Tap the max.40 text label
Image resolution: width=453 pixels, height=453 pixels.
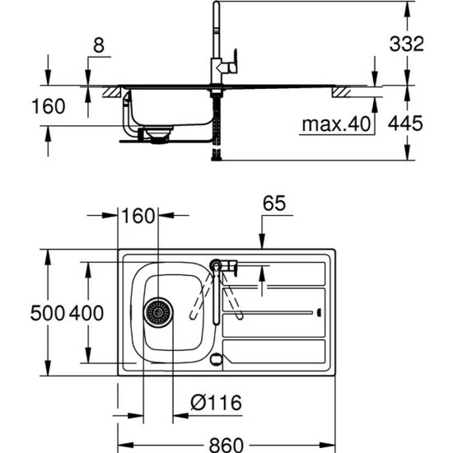coord(333,124)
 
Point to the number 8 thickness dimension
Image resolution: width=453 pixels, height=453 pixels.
coord(98,48)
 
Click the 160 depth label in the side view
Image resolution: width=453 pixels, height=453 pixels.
coord(22,107)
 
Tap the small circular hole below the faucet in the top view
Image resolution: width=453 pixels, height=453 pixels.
coord(217,359)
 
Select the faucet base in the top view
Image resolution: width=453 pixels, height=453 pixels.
coord(217,264)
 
